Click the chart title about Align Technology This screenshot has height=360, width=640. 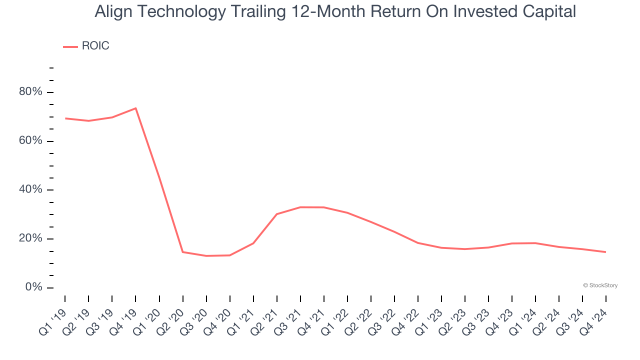coord(335,11)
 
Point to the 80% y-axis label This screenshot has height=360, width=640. coord(30,92)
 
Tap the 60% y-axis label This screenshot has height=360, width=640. coord(30,141)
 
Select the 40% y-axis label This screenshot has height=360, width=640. coord(30,190)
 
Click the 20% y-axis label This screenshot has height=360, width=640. coord(30,238)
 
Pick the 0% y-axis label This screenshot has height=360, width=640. coord(34,287)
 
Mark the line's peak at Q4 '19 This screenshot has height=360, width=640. coord(135,108)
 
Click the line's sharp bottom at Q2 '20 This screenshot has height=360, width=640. coord(183,252)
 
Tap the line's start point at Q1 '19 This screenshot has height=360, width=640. coord(65,118)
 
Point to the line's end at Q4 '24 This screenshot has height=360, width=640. coord(605,252)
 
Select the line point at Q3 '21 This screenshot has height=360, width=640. coord(300,207)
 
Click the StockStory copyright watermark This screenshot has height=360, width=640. coord(600,285)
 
